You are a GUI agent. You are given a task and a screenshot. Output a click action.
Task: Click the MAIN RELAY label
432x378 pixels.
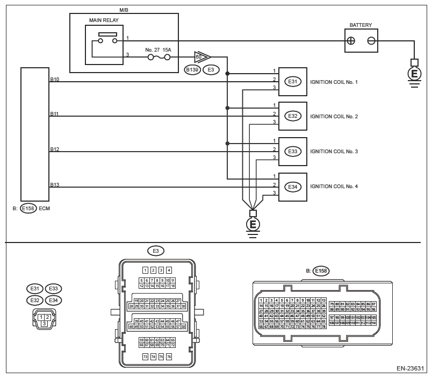pyautogui.click(x=104, y=20)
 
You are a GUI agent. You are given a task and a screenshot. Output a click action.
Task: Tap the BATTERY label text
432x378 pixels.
pyautogui.click(x=360, y=25)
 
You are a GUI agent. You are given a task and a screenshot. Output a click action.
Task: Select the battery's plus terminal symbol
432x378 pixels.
pyautogui.click(x=352, y=41)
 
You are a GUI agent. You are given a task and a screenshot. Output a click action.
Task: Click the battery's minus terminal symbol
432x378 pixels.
pyautogui.click(x=371, y=41)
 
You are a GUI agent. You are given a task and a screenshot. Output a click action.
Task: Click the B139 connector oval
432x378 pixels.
pyautogui.click(x=192, y=69)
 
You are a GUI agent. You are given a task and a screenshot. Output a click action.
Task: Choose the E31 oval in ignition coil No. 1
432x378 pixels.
pyautogui.click(x=292, y=82)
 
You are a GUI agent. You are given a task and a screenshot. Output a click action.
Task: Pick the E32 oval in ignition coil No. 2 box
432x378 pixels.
pyautogui.click(x=292, y=116)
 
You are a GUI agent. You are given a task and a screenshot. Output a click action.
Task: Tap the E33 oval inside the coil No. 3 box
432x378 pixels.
pyautogui.click(x=292, y=152)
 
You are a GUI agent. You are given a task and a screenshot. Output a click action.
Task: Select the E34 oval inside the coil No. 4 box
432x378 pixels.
pyautogui.click(x=292, y=187)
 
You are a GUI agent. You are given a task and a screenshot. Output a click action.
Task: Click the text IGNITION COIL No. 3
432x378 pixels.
pyautogui.click(x=334, y=152)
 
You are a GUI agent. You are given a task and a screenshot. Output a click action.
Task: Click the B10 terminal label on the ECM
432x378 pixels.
pyautogui.click(x=54, y=79)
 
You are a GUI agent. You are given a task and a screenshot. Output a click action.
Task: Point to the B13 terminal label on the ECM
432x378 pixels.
pyautogui.click(x=54, y=184)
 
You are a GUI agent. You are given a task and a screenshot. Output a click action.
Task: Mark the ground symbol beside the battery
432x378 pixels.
pyautogui.click(x=413, y=74)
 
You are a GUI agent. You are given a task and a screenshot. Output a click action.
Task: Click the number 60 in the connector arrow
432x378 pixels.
pyautogui.click(x=199, y=56)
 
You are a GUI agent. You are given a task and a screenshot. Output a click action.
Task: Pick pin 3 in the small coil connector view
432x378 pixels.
pyautogui.click(x=44, y=323)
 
